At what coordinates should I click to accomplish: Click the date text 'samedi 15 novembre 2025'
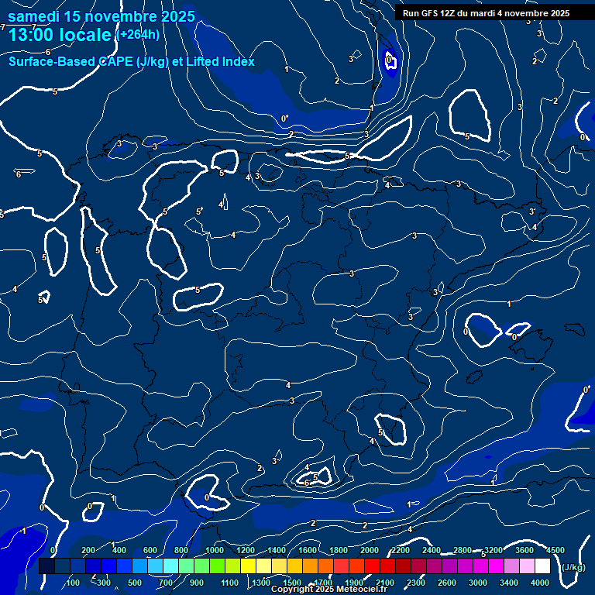coord(101,16)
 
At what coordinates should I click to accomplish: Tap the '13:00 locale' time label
coord(60,35)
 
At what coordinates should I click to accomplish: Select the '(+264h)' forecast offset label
coord(138,34)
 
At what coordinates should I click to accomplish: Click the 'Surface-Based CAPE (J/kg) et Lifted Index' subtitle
coord(132,62)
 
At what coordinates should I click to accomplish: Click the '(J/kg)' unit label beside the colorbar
coord(574,568)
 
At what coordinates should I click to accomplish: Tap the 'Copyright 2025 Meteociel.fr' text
coord(328,590)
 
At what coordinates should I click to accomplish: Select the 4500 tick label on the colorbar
coord(555,550)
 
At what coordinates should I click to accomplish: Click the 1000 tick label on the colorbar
coord(214,550)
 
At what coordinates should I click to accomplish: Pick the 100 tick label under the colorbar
coord(74,583)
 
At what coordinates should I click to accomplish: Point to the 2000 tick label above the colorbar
coord(370,550)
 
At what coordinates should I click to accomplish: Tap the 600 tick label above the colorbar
coord(150,550)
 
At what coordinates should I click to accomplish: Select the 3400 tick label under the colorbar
coord(510,583)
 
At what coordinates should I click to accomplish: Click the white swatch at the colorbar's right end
coord(542,566)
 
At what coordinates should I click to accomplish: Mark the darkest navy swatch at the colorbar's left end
coord(46,566)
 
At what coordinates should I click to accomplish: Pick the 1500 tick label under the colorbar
coord(292,583)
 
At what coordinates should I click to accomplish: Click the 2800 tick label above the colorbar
coord(463,550)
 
